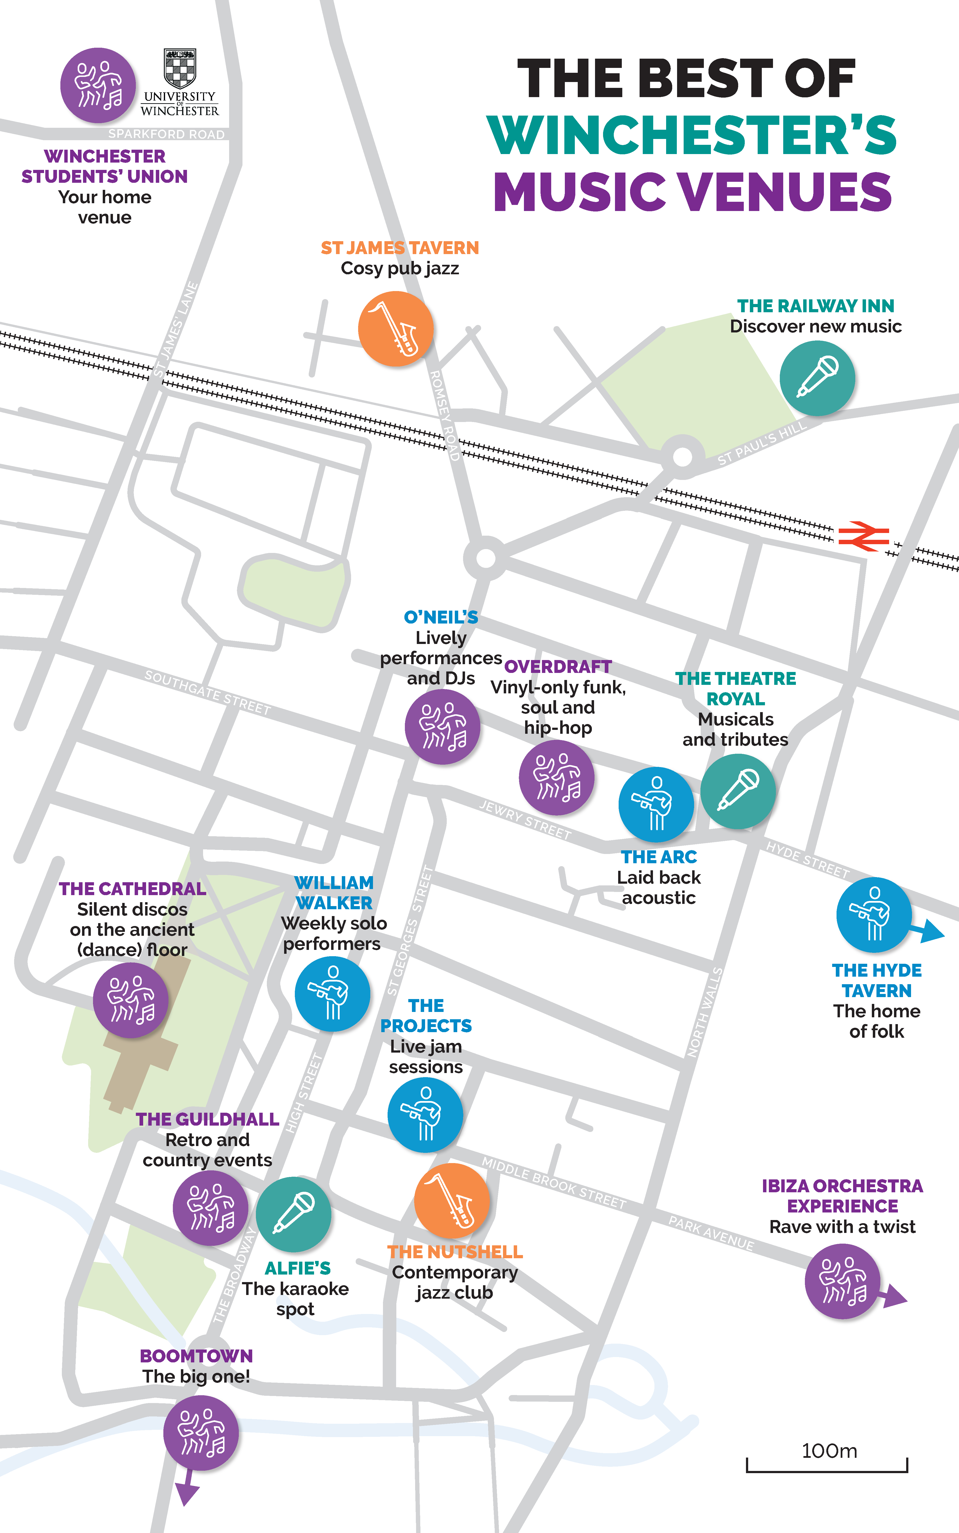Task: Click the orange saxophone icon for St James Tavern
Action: coord(396,328)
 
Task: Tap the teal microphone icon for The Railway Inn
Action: coord(817,378)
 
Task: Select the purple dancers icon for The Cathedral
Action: coord(131,1000)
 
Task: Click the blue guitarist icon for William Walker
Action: coord(332,993)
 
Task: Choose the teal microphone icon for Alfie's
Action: coord(294,1214)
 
